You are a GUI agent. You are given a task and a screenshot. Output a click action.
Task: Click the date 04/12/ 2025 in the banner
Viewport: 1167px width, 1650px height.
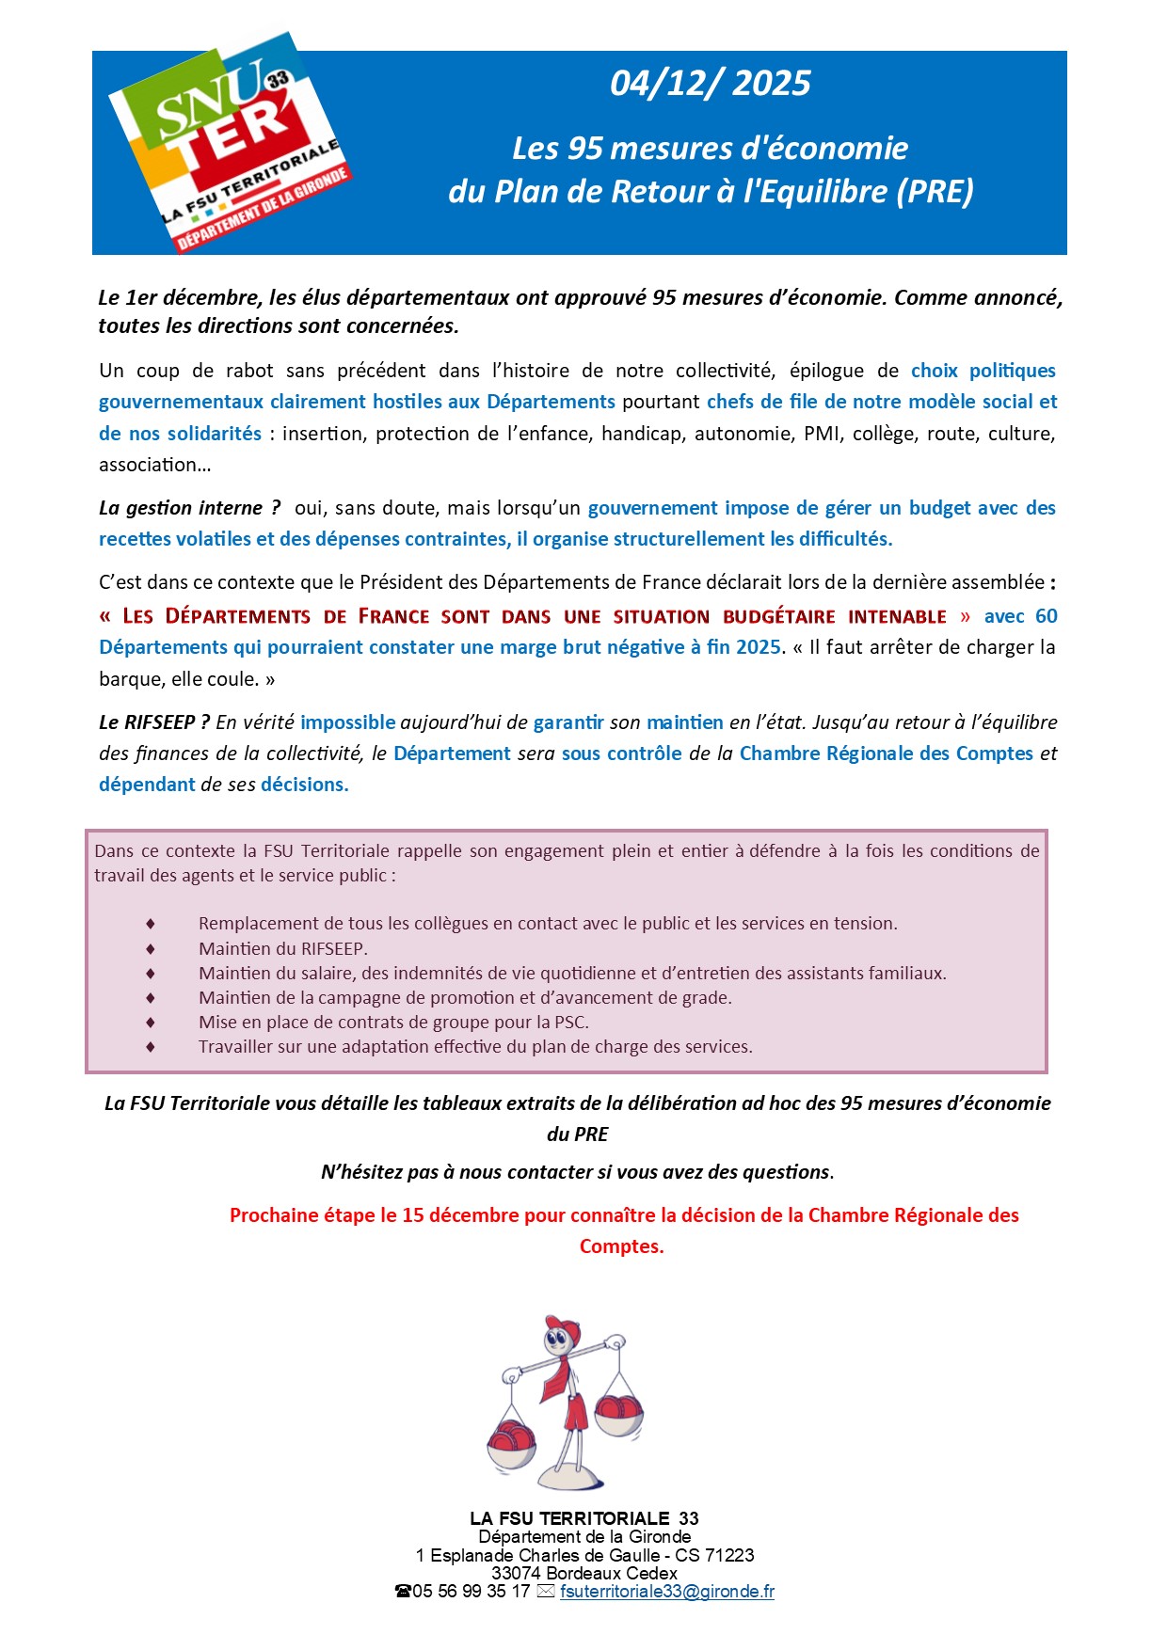pyautogui.click(x=710, y=84)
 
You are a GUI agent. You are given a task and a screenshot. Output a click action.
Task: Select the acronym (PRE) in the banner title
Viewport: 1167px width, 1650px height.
pyautogui.click(x=935, y=191)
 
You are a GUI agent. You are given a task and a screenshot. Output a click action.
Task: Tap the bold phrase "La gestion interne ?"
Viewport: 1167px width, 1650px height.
pyautogui.click(x=189, y=508)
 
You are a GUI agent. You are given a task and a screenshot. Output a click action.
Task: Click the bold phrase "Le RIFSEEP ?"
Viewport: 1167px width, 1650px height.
pyautogui.click(x=154, y=722)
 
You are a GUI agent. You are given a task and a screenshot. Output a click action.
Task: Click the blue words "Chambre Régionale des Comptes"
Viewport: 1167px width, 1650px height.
pyautogui.click(x=886, y=754)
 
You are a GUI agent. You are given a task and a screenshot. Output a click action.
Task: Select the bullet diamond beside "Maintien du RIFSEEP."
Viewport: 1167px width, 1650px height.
pyautogui.click(x=151, y=949)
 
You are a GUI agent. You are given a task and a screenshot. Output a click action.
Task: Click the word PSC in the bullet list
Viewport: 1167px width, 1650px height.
pyautogui.click(x=571, y=1023)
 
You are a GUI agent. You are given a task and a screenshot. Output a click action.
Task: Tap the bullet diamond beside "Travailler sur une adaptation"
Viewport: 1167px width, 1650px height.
pyautogui.click(x=151, y=1047)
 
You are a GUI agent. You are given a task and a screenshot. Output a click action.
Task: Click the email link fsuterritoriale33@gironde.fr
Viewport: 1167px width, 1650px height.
pyautogui.click(x=666, y=1592)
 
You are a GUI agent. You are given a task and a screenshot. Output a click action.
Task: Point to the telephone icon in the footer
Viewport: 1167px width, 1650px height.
pyautogui.click(x=403, y=1592)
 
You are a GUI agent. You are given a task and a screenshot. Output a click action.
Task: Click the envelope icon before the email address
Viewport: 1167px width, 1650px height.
pyautogui.click(x=546, y=1592)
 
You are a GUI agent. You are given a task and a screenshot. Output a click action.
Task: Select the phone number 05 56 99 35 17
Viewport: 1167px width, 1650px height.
pyautogui.click(x=471, y=1592)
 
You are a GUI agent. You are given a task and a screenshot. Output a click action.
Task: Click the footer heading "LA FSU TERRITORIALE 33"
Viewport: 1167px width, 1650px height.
pyautogui.click(x=583, y=1518)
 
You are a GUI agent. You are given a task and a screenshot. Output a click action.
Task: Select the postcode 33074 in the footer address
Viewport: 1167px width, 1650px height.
pyautogui.click(x=517, y=1573)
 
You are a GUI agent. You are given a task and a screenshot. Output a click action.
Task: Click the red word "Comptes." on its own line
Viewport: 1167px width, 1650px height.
pyautogui.click(x=621, y=1246)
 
